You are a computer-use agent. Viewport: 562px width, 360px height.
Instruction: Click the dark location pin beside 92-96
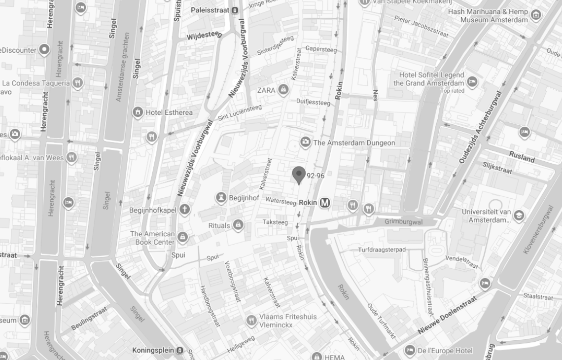[299, 175]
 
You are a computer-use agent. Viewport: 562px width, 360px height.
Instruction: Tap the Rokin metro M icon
[325, 202]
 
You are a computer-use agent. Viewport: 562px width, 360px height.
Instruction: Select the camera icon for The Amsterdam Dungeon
[306, 143]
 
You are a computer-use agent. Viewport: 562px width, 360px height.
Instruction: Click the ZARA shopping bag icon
[283, 90]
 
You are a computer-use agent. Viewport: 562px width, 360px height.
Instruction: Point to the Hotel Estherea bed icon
[138, 112]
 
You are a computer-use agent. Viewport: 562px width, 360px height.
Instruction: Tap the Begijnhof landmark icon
[221, 198]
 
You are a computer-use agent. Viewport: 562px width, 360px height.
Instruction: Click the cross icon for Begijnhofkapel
[184, 210]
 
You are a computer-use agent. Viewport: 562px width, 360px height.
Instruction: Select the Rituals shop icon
[238, 225]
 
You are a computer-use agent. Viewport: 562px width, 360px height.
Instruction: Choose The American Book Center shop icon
[183, 238]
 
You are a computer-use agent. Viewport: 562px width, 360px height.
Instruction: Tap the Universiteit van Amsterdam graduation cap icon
[519, 216]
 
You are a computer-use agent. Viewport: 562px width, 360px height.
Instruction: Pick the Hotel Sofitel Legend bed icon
[472, 81]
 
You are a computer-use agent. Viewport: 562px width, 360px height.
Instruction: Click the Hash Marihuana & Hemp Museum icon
[536, 15]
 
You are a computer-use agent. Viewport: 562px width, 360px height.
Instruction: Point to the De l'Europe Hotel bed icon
[410, 351]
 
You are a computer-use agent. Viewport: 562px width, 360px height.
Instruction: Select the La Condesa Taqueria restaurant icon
[77, 83]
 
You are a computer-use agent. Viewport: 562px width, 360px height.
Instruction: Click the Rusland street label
[522, 157]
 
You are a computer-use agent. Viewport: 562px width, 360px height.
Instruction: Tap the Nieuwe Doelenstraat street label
[448, 314]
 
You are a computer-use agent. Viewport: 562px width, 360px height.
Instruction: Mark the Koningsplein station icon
[180, 350]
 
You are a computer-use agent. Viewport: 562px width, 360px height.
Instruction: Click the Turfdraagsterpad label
[382, 250]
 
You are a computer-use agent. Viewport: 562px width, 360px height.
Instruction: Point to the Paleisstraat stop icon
[235, 10]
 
